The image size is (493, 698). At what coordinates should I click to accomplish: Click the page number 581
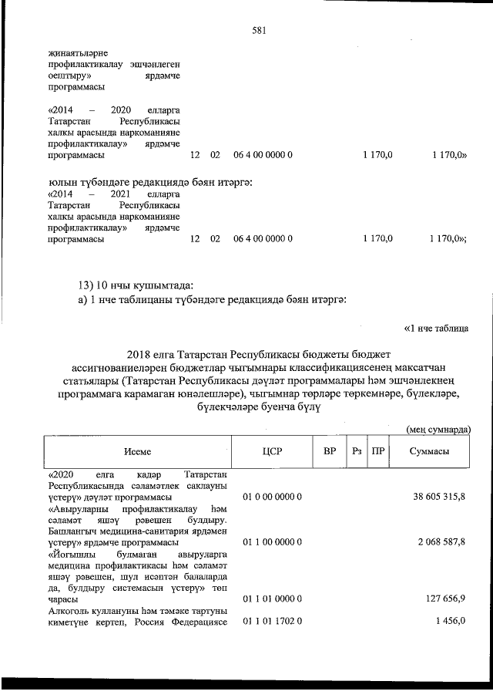click(x=259, y=32)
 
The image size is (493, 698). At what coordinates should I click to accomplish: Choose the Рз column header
click(x=356, y=453)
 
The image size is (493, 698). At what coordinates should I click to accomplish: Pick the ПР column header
click(x=377, y=453)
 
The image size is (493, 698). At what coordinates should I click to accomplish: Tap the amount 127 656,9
click(x=447, y=598)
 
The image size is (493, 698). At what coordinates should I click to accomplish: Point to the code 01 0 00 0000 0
click(x=272, y=498)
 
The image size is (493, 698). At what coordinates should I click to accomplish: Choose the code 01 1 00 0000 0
click(x=272, y=542)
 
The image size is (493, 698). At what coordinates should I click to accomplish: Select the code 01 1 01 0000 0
click(x=272, y=598)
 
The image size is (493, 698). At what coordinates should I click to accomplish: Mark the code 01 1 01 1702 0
click(x=272, y=620)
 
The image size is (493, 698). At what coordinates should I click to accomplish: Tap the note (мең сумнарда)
click(x=438, y=429)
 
